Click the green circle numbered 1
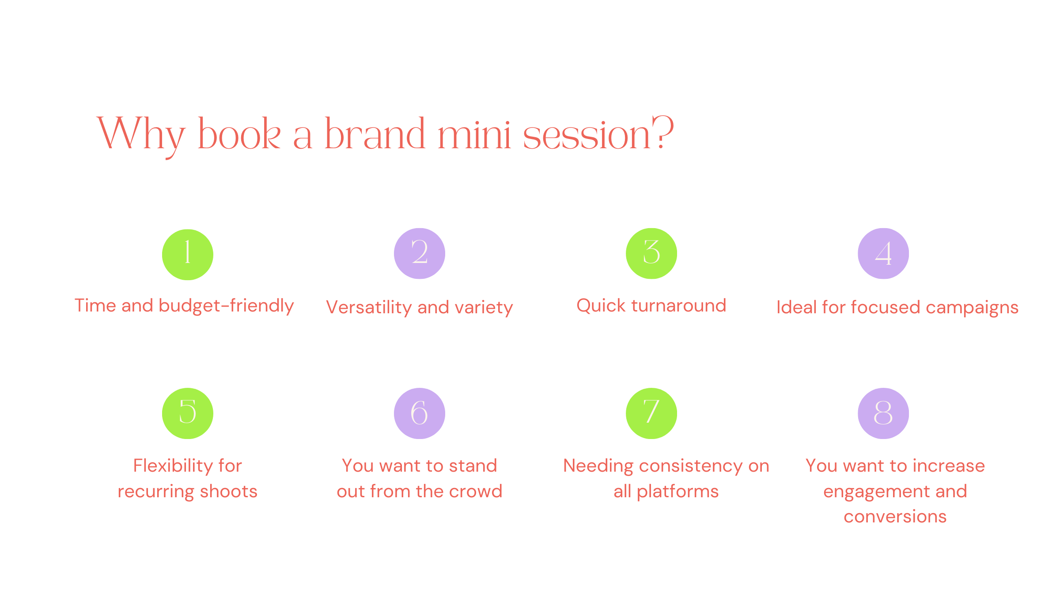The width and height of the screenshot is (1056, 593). [188, 255]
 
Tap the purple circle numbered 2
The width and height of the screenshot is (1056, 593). [420, 253]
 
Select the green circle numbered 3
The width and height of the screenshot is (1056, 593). [651, 253]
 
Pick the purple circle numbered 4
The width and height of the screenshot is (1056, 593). [883, 253]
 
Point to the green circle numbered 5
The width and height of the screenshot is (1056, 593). [188, 413]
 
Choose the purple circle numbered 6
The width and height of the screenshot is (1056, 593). [420, 413]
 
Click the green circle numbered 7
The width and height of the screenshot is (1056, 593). [651, 413]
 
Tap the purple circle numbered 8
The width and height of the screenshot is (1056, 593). [883, 413]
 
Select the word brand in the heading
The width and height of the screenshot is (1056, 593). [375, 133]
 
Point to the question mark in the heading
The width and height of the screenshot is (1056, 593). [663, 131]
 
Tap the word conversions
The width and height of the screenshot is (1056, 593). [895, 517]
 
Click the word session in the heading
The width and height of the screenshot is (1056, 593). [587, 135]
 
